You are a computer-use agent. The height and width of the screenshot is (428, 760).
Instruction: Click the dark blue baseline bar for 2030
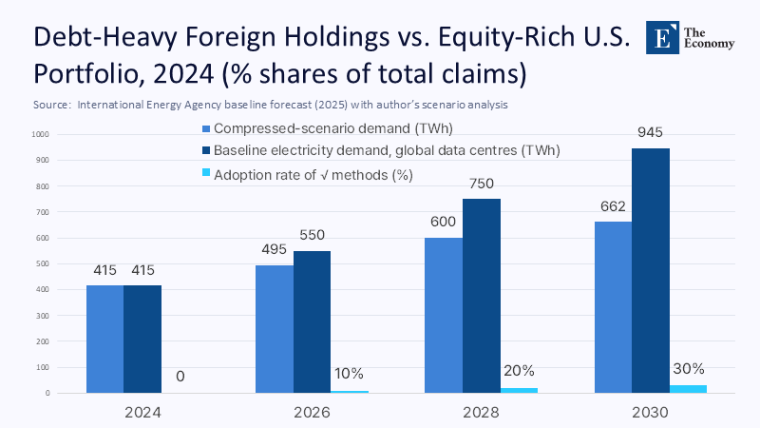[650, 270]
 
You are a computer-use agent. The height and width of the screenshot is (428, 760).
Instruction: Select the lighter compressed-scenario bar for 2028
[444, 315]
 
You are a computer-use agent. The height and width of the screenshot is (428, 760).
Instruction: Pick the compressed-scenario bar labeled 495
[275, 328]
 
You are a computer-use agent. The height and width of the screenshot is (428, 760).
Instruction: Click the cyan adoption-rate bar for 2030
[688, 388]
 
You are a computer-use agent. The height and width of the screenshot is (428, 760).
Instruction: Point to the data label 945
[650, 131]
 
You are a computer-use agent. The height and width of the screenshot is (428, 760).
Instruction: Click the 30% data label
[688, 369]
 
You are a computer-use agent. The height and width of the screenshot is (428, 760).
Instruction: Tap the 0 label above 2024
[180, 377]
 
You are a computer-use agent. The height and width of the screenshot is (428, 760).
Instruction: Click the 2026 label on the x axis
[312, 413]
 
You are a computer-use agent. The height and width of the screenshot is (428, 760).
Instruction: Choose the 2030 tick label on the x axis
[651, 413]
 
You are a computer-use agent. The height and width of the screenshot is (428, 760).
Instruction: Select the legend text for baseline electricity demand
[386, 151]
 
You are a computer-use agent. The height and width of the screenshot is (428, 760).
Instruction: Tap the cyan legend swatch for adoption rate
[206, 173]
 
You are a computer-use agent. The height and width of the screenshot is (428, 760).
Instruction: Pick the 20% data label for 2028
[519, 370]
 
